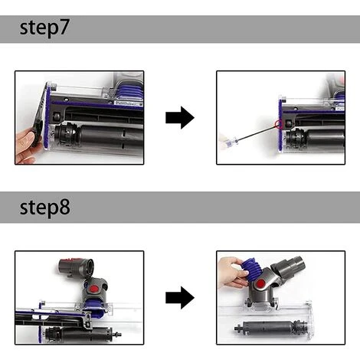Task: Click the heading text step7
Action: [x=44, y=28]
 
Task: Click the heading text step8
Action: [x=45, y=207]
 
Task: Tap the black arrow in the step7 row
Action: [x=180, y=118]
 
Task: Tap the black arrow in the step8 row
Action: [x=180, y=297]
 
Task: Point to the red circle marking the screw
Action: [x=278, y=124]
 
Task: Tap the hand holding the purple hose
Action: [x=231, y=273]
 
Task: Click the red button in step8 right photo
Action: [x=260, y=283]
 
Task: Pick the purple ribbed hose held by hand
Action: [x=251, y=270]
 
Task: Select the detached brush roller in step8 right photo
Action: [x=270, y=328]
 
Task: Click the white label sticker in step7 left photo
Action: [x=127, y=103]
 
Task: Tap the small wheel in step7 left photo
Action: [x=57, y=117]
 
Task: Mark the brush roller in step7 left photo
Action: [x=100, y=136]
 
